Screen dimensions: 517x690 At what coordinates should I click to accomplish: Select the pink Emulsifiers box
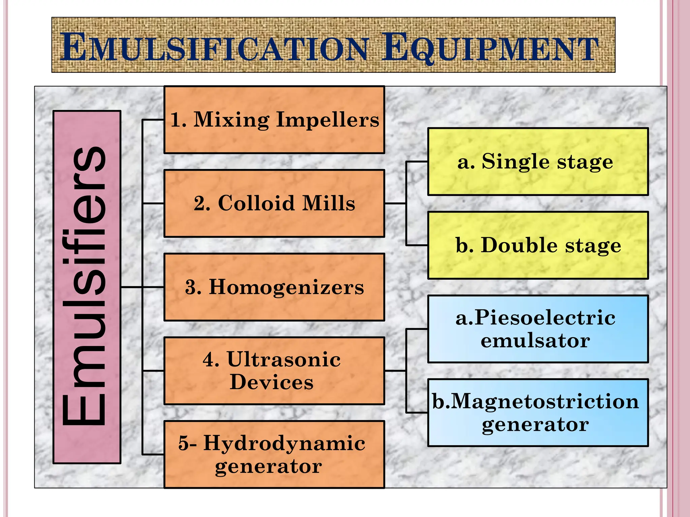pyautogui.click(x=87, y=287)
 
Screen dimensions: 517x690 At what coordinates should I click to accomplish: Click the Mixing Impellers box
pyautogui.click(x=274, y=120)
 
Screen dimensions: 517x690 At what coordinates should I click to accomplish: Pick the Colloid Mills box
pyautogui.click(x=274, y=203)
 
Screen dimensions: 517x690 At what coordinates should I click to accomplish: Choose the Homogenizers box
pyautogui.click(x=274, y=287)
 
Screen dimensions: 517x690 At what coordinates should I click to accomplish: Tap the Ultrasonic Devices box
pyautogui.click(x=274, y=371)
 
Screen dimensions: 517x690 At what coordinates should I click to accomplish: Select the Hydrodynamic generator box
pyautogui.click(x=274, y=454)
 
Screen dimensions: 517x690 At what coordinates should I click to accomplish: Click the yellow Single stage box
pyautogui.click(x=538, y=162)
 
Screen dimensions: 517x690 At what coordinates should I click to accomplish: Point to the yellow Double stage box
pyautogui.click(x=538, y=245)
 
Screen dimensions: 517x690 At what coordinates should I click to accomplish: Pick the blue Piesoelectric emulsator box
pyautogui.click(x=538, y=329)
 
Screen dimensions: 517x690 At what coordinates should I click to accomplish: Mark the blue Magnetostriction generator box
pyautogui.click(x=538, y=413)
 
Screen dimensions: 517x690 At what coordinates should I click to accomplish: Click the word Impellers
pyautogui.click(x=327, y=120)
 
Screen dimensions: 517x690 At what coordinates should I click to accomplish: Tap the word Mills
pyautogui.click(x=328, y=203)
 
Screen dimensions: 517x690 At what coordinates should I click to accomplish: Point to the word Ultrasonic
pyautogui.click(x=284, y=359)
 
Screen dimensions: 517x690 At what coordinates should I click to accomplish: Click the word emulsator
pyautogui.click(x=535, y=341)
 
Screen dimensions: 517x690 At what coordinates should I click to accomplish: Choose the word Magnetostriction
pyautogui.click(x=544, y=402)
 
